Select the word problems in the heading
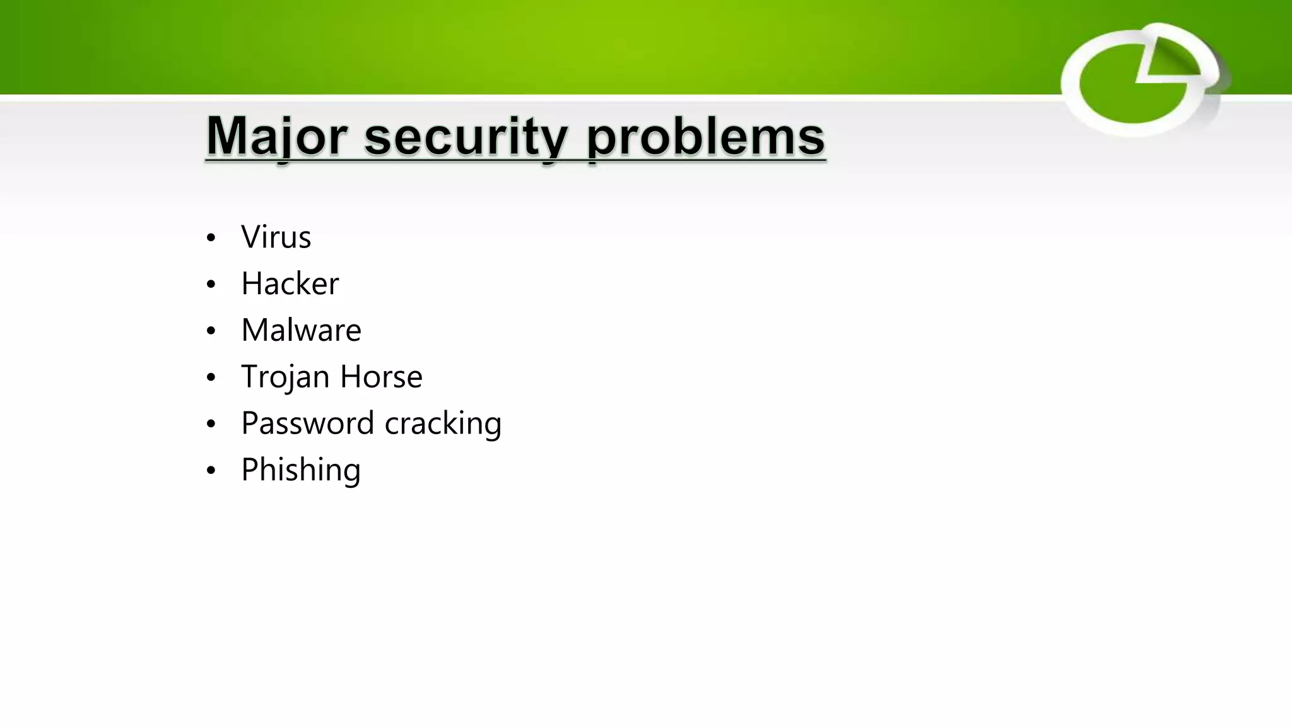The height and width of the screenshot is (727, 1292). tap(705, 136)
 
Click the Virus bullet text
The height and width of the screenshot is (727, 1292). tap(276, 237)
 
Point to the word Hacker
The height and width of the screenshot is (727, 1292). tap(290, 283)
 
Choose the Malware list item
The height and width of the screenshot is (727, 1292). tap(301, 330)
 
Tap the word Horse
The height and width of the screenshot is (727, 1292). tap(381, 377)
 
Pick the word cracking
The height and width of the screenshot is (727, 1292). tap(443, 423)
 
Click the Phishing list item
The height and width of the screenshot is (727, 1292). tap(301, 470)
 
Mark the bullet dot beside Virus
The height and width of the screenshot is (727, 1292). tap(211, 239)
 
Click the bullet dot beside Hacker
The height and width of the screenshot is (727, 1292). tap(211, 285)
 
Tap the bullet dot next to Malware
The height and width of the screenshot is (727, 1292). tap(211, 331)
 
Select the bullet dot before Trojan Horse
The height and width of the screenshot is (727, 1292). tap(211, 378)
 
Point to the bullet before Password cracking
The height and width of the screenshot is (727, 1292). tap(211, 424)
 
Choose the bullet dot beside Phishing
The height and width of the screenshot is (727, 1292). tap(211, 471)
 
